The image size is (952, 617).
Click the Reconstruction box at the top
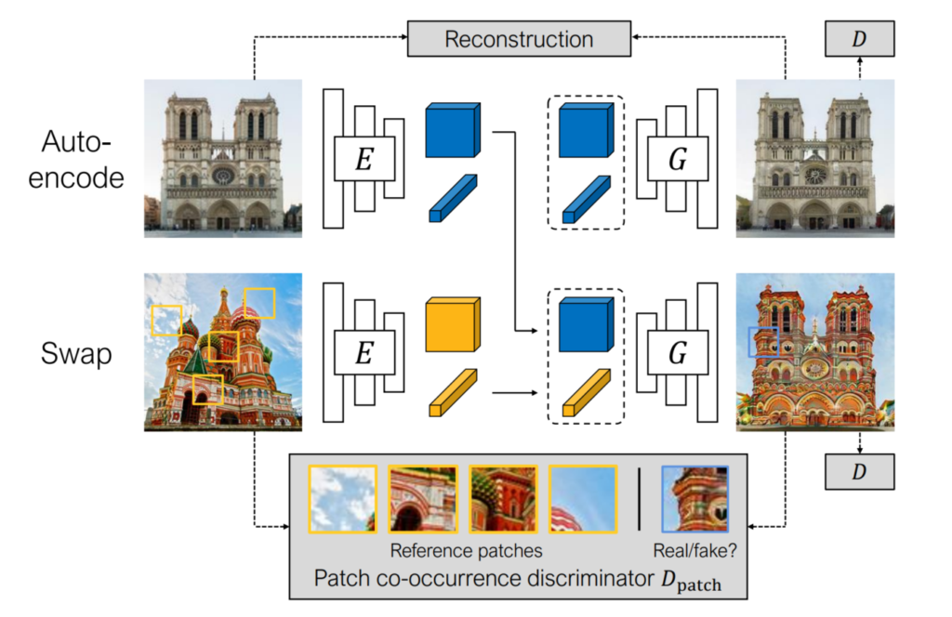click(518, 39)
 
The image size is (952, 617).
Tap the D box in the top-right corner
click(858, 39)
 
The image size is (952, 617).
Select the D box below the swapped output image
click(858, 471)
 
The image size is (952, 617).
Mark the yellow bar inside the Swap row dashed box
click(586, 392)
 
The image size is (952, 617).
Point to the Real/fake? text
click(694, 550)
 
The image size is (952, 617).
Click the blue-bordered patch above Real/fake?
click(694, 499)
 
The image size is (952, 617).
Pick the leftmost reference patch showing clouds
click(342, 499)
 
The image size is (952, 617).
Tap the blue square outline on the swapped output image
click(764, 342)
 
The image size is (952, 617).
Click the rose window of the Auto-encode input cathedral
click(223, 175)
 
